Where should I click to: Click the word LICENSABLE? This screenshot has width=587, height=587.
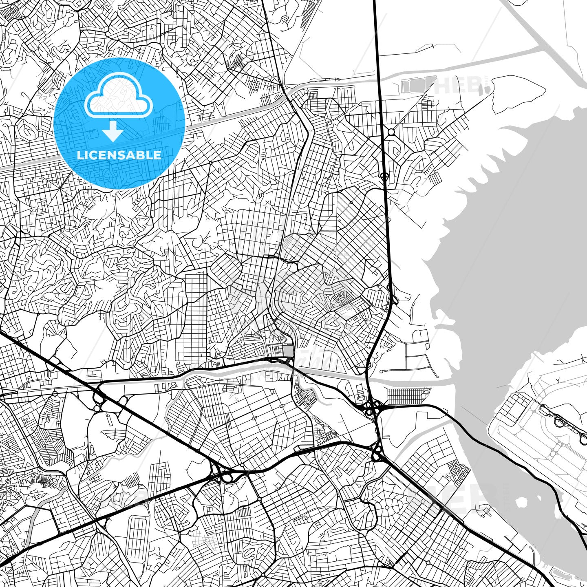pyautogui.click(x=119, y=155)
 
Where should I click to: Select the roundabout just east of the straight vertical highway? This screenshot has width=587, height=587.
pyautogui.click(x=391, y=132)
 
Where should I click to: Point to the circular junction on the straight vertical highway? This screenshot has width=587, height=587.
pyautogui.click(x=384, y=176)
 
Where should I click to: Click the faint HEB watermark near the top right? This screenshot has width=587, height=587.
pyautogui.click(x=457, y=85)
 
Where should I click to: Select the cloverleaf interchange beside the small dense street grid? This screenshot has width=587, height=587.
pyautogui.click(x=372, y=406)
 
